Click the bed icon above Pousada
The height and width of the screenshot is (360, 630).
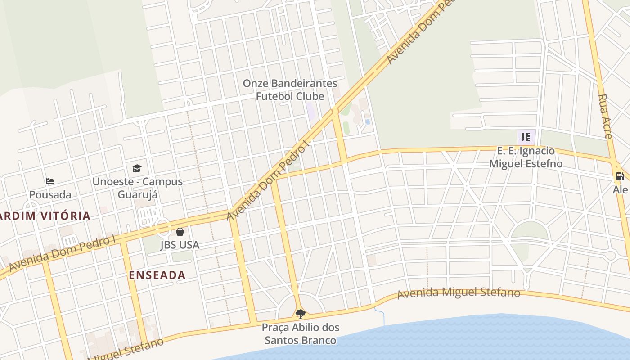(50, 181)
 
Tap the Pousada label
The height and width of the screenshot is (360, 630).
(50, 195)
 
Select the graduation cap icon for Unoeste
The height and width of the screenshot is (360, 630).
(137, 169)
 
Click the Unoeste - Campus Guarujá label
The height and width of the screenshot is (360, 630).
(138, 188)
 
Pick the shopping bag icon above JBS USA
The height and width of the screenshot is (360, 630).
(180, 232)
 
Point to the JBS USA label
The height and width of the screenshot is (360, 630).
(180, 245)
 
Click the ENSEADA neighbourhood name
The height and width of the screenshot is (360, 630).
(157, 275)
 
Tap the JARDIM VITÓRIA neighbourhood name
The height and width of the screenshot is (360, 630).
(45, 216)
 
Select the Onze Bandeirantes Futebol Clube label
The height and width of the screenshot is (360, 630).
(290, 90)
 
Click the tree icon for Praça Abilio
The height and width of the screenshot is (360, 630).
(300, 314)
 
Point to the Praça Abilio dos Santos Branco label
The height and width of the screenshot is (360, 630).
(301, 333)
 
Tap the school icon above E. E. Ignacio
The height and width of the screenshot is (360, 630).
(526, 137)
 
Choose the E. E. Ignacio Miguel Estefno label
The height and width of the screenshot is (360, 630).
(526, 157)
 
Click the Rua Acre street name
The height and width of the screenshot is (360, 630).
(605, 116)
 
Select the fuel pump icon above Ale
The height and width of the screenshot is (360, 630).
(620, 176)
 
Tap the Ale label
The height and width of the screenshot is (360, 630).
(621, 190)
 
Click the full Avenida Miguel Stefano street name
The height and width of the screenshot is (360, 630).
(459, 292)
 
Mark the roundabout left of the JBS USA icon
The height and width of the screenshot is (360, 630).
(162, 227)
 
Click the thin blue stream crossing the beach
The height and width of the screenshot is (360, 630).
(382, 317)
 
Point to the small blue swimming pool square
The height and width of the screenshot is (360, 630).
(368, 122)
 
